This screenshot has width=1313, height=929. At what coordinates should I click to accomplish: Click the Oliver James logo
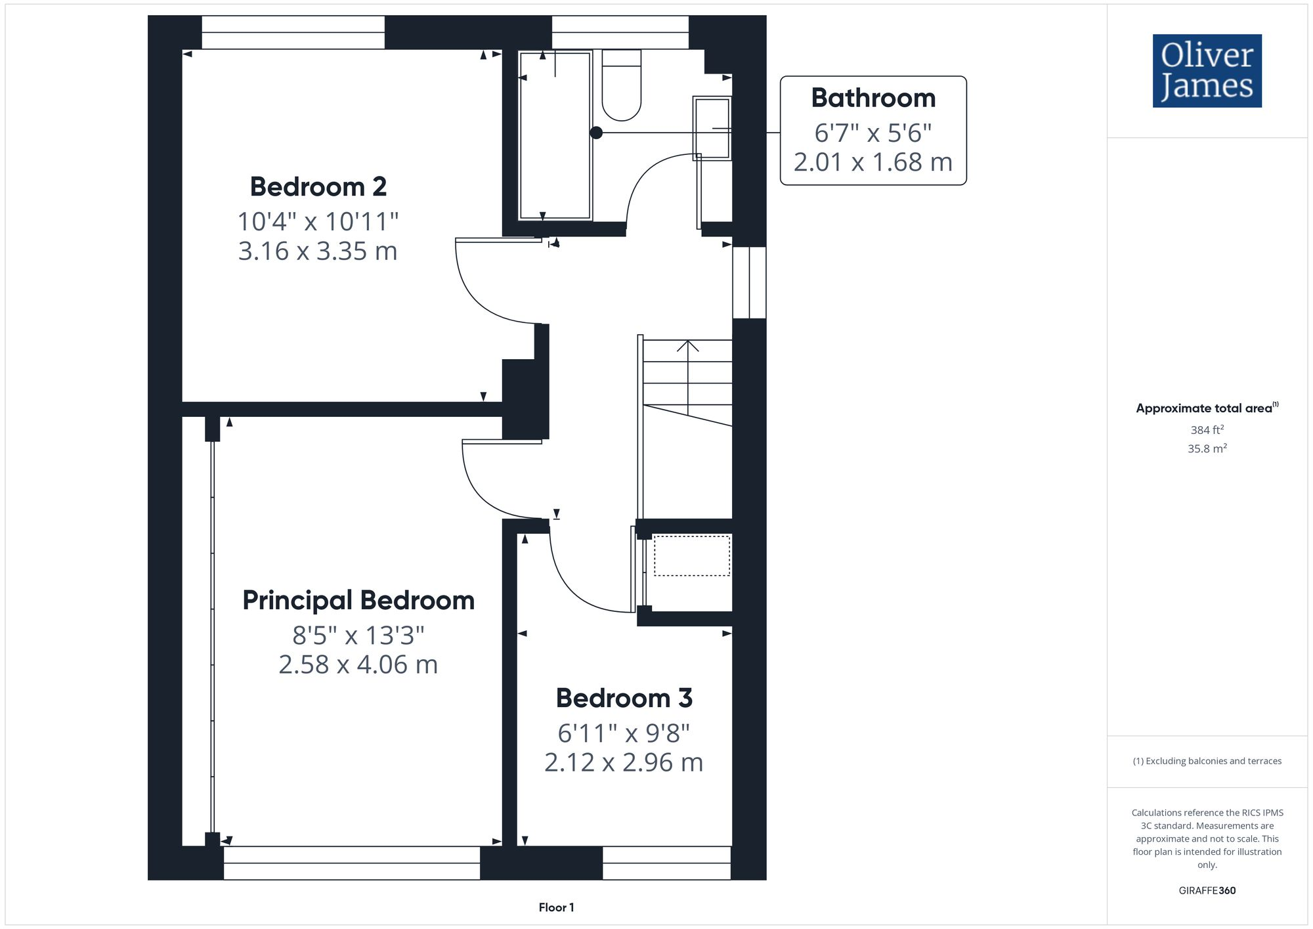point(1207,71)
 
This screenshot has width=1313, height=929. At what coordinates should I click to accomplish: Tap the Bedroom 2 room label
point(318,187)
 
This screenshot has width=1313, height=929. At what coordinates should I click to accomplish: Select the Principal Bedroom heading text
point(358,601)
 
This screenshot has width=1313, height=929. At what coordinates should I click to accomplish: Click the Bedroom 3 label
point(624,698)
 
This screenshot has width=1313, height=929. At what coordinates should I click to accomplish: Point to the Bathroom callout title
point(872,98)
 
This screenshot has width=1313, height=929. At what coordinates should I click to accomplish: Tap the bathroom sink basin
point(712,128)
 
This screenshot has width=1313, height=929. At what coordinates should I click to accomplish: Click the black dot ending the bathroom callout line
point(596,133)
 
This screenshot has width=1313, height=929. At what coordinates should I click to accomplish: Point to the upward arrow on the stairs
point(687,347)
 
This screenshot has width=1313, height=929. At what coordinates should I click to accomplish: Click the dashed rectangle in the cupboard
point(691,556)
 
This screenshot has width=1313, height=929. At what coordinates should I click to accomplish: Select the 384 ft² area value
point(1207,430)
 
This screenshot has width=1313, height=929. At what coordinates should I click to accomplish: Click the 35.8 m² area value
point(1207,449)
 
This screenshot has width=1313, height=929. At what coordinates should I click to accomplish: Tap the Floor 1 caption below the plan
point(556,907)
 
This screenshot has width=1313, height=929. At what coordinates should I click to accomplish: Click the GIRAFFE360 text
point(1207,891)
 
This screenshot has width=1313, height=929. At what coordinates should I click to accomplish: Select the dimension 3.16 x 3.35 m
point(318,251)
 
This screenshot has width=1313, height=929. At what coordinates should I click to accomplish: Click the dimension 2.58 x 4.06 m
point(358,665)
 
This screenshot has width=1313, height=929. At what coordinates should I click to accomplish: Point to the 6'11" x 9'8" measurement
point(624,733)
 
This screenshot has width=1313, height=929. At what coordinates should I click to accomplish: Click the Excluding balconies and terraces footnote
point(1207,761)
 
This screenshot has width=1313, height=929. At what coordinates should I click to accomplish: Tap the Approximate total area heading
point(1207,408)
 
